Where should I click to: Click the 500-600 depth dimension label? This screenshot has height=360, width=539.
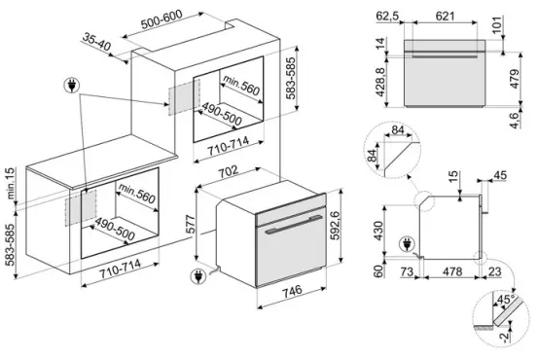click(x=162, y=19)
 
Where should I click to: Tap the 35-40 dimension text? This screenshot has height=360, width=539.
click(x=96, y=42)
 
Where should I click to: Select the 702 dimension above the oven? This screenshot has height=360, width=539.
click(x=229, y=172)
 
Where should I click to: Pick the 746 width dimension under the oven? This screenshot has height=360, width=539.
click(x=293, y=291)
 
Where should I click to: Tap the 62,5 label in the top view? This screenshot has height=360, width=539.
click(x=387, y=17)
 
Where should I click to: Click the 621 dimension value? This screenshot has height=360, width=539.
click(x=445, y=16)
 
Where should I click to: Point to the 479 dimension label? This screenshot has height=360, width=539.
click(x=515, y=79)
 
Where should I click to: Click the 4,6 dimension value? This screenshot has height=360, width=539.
click(x=516, y=120)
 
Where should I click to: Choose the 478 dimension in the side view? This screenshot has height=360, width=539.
click(x=452, y=271)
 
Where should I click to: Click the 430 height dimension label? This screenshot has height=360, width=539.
click(x=378, y=231)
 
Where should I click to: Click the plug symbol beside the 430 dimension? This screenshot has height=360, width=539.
click(x=407, y=245)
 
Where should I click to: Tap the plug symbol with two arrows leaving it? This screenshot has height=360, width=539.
click(x=72, y=86)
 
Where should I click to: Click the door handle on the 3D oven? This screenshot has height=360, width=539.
click(x=294, y=224)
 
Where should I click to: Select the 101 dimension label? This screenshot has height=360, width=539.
click(x=497, y=24)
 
